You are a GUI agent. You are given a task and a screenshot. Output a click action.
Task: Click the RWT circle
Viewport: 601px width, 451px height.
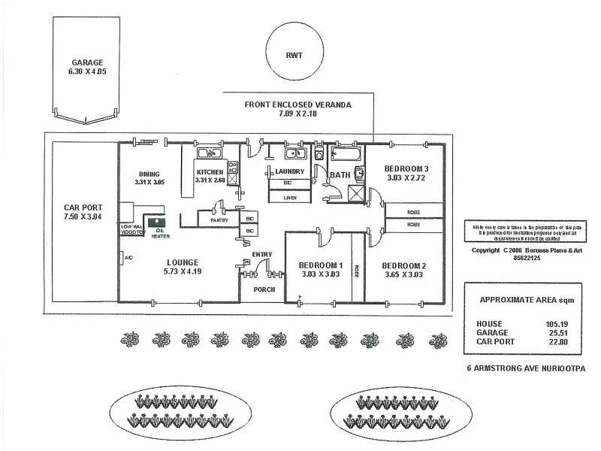(293, 53)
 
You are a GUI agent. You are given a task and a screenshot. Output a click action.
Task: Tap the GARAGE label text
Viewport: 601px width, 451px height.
(87, 63)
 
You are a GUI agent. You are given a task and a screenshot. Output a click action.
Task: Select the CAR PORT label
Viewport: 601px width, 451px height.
(83, 207)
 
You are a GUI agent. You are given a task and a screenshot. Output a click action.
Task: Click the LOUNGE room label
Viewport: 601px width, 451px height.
(183, 262)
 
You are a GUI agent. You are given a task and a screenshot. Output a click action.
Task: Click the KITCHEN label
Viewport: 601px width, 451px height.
(210, 173)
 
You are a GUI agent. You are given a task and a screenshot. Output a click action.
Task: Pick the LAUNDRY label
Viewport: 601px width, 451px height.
(289, 172)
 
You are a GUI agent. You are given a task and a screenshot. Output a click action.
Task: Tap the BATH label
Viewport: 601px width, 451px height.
(340, 175)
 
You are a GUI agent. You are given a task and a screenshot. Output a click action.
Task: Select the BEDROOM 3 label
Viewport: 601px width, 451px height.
(406, 168)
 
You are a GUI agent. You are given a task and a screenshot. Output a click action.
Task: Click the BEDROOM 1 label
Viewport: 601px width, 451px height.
(321, 265)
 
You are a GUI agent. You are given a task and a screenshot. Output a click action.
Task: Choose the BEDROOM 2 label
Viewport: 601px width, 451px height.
(404, 265)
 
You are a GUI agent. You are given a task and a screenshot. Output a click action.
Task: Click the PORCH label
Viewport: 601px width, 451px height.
(264, 289)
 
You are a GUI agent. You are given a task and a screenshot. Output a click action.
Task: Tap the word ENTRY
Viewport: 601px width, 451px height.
(262, 254)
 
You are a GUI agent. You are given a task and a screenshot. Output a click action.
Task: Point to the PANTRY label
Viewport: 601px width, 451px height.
(219, 221)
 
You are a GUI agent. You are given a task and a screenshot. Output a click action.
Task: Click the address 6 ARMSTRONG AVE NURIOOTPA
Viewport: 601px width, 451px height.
(525, 368)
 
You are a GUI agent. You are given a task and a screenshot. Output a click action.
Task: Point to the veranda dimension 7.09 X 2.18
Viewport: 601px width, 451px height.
(298, 114)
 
